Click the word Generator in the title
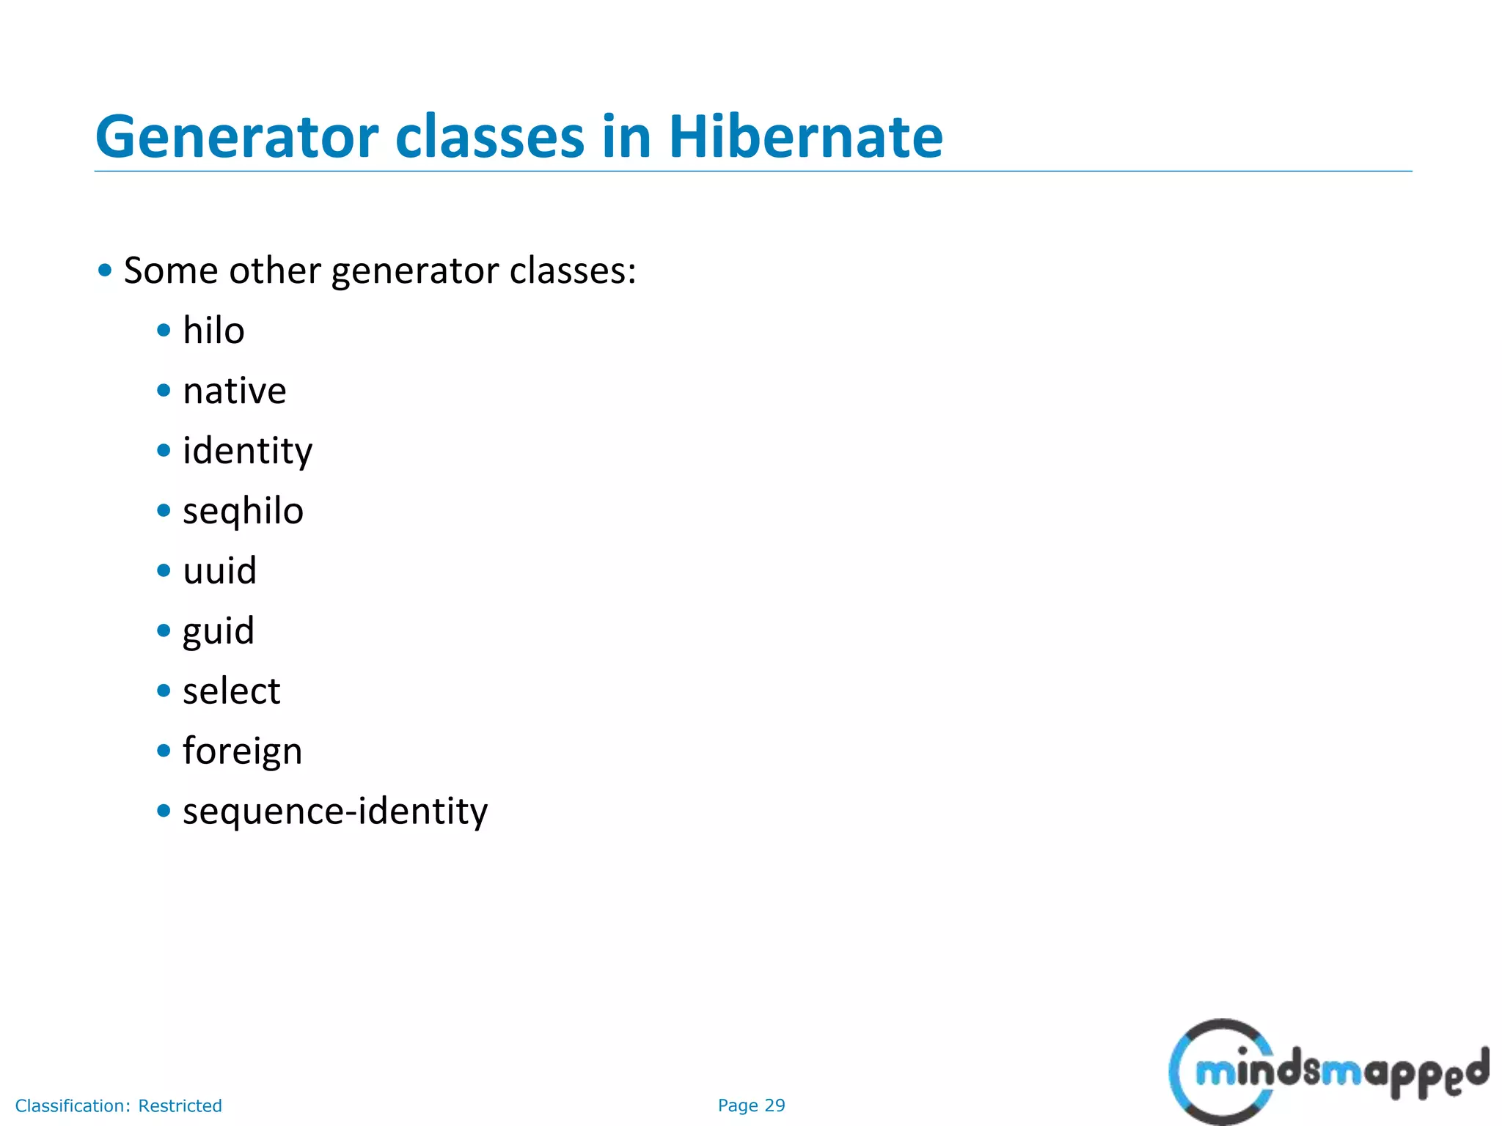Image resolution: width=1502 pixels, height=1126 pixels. tap(237, 137)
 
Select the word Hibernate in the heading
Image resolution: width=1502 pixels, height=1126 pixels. tap(805, 137)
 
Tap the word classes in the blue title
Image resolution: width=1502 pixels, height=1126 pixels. tap(489, 137)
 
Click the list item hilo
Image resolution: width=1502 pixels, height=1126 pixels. tap(213, 331)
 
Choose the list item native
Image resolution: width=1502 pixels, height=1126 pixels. tap(234, 391)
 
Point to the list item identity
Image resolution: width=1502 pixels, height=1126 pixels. tap(247, 451)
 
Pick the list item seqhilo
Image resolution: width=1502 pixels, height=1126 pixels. tap(243, 511)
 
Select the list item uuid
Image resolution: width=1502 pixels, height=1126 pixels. tap(219, 571)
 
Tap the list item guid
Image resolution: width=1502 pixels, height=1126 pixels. tap(218, 631)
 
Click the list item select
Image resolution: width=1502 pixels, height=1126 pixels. tap(231, 691)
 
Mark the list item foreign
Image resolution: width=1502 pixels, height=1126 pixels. tap(242, 751)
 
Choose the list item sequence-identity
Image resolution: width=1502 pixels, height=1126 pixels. tap(335, 812)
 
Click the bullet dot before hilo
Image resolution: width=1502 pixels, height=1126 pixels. tap(164, 331)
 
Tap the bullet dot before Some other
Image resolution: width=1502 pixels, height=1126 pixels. tap(105, 271)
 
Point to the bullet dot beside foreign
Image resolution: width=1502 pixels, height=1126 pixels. tap(164, 751)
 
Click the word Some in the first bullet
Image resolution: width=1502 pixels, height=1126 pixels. tap(171, 271)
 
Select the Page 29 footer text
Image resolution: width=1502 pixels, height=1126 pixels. tap(751, 1105)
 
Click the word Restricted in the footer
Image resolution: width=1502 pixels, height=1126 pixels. tap(180, 1105)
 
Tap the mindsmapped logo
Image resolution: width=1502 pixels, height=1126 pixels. tap(1328, 1071)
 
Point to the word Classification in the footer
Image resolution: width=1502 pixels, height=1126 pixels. tap(73, 1105)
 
